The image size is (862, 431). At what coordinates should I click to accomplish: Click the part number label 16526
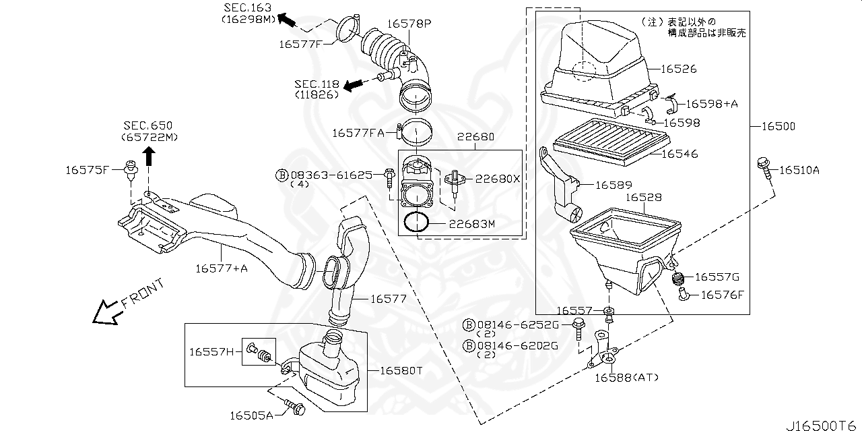pyautogui.click(x=678, y=69)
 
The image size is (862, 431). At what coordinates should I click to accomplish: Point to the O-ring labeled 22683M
pyautogui.click(x=417, y=223)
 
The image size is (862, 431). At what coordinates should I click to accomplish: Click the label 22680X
pyautogui.click(x=498, y=179)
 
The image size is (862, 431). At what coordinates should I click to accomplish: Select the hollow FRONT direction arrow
pyautogui.click(x=108, y=311)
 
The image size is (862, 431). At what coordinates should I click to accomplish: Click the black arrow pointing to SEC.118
pyautogui.click(x=352, y=85)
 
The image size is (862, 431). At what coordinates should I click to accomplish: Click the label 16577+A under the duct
pyautogui.click(x=222, y=268)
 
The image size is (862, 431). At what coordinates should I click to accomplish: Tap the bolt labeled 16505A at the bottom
pyautogui.click(x=294, y=407)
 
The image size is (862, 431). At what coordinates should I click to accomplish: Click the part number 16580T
pyautogui.click(x=401, y=370)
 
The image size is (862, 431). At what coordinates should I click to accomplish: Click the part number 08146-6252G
pyautogui.click(x=518, y=325)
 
